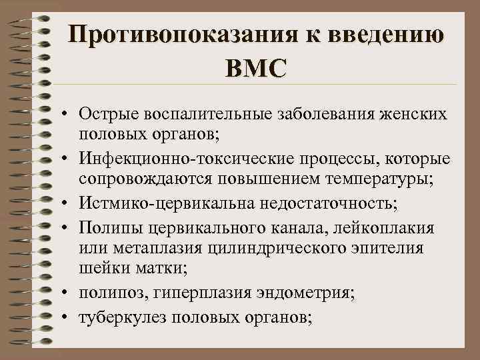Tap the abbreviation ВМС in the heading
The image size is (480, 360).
(x=257, y=67)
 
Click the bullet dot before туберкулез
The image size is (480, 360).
(x=69, y=318)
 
